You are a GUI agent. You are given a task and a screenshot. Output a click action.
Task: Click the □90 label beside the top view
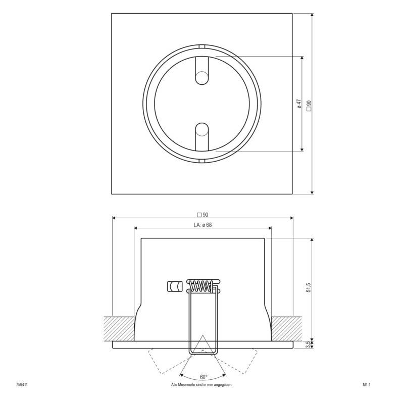[309, 105]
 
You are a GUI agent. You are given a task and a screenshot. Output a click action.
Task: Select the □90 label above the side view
[203, 214]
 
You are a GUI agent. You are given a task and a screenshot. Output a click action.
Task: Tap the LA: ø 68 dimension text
[202, 225]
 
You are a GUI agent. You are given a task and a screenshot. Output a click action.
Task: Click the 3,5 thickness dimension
[309, 345]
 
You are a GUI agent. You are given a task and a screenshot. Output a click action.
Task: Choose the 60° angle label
[203, 377]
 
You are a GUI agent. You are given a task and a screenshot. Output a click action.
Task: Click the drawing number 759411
[23, 385]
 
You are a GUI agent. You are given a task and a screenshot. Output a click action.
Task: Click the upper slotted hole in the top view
[202, 73]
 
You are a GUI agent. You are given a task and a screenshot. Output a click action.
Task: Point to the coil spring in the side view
[202, 286]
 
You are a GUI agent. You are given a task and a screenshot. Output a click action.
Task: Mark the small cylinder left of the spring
[175, 286]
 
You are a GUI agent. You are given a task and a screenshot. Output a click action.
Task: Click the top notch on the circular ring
[202, 47]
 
